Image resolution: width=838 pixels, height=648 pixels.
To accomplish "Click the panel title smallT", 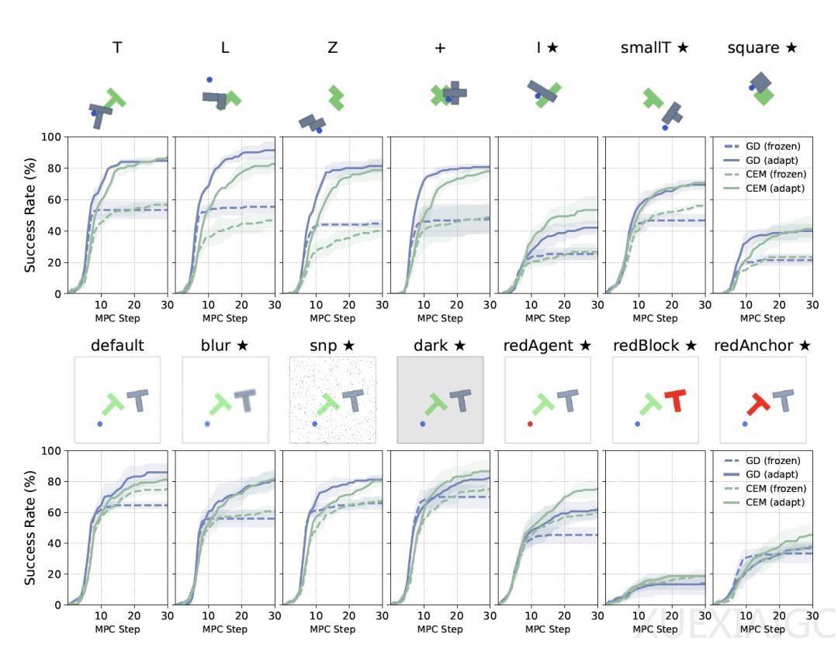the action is tap(645, 48).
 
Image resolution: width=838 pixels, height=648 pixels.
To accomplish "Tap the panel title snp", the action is tap(324, 346).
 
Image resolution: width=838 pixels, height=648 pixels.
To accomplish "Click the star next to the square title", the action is tap(791, 47).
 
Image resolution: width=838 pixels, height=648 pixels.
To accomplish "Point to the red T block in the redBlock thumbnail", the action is tap(676, 400).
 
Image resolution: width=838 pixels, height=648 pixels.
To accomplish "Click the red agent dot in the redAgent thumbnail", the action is tap(530, 424).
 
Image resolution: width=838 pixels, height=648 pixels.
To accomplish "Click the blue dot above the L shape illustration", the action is tap(209, 80).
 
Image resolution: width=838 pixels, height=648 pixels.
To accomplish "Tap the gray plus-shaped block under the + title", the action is tap(454, 93).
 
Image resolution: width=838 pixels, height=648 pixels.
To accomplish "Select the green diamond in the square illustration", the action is tap(764, 96).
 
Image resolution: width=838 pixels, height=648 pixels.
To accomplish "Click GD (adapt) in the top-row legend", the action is tap(772, 161).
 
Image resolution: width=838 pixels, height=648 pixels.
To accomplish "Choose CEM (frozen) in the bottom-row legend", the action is tap(776, 489).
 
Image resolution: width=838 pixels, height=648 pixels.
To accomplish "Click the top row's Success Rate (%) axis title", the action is tap(30, 215).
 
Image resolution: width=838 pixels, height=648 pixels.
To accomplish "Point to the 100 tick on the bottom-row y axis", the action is tap(51, 451).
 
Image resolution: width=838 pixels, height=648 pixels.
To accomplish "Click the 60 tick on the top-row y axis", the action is tap(55, 199).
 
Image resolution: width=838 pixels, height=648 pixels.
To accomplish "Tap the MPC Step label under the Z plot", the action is tap(332, 319).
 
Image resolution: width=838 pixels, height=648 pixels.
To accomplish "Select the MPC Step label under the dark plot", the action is tap(440, 630).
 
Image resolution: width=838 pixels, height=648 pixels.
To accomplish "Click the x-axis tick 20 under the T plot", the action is tap(134, 305).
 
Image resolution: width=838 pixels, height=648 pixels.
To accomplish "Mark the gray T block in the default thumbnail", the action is tap(138, 400).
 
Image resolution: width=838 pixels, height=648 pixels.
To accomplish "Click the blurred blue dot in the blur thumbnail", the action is tap(207, 424).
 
